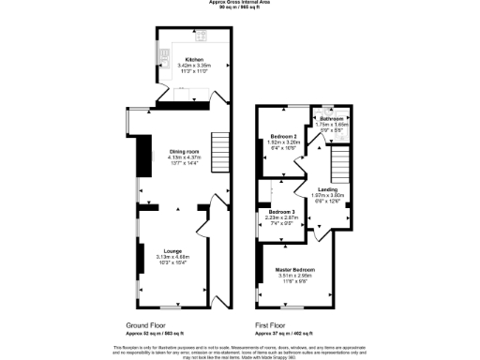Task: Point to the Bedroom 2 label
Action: point(283,136)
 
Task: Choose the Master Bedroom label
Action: point(294,270)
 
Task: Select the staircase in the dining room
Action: point(219,147)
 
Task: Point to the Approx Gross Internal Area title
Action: point(240,3)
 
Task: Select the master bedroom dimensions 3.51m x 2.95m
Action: point(294,276)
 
